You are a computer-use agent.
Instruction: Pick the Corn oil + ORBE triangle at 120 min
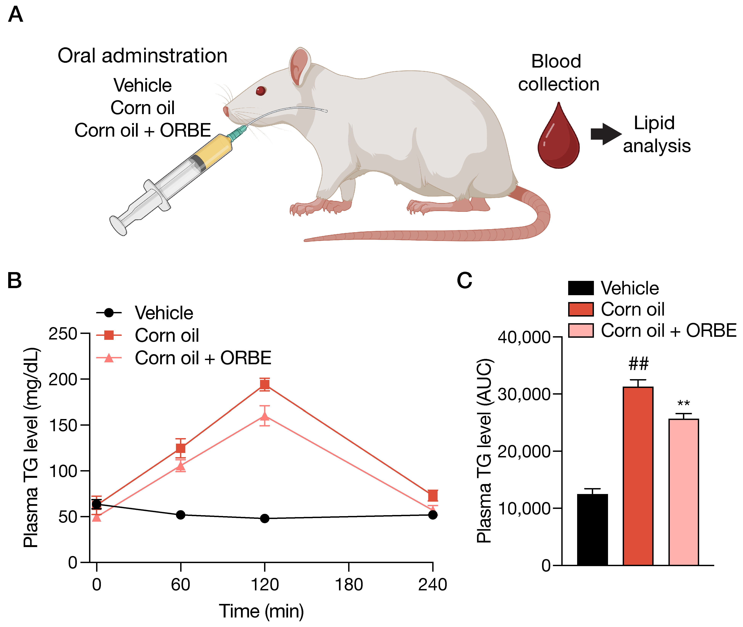coord(265,416)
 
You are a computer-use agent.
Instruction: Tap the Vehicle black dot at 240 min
coord(433,515)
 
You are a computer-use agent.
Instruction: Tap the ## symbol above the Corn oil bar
coord(638,364)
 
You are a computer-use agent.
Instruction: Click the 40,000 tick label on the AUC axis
coord(524,337)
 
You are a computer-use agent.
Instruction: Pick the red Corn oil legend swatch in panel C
coord(581,309)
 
